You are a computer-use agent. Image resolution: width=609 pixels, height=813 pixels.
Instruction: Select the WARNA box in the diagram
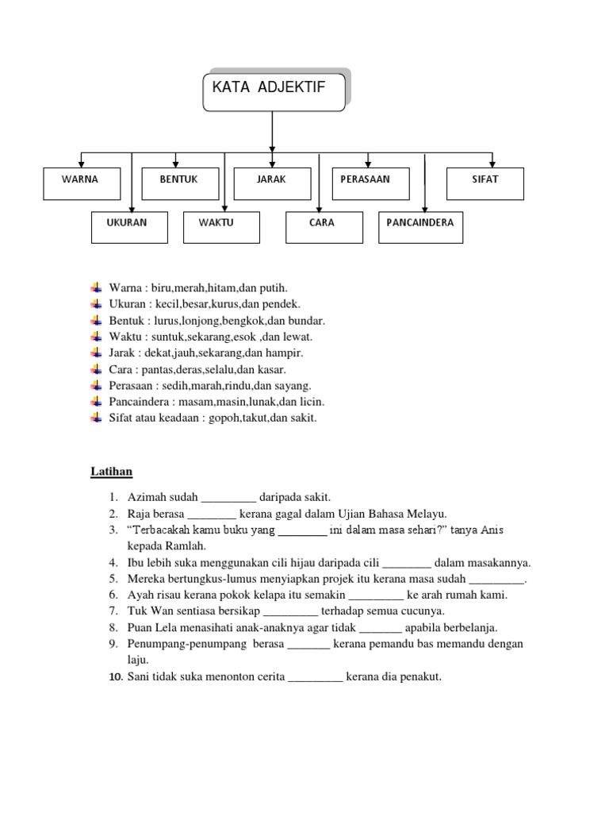80,183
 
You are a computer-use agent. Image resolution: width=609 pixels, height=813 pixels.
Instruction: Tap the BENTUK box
178,183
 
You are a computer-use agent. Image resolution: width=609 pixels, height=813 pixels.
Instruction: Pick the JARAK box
271,183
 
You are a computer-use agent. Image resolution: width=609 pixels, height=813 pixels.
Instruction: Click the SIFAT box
485,183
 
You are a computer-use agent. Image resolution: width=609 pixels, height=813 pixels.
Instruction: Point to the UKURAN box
127,226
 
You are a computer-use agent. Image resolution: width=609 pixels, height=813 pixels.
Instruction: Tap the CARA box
321,226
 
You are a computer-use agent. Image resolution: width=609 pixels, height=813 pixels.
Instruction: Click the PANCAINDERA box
420,226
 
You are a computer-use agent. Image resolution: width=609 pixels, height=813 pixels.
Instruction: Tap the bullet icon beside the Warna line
97,287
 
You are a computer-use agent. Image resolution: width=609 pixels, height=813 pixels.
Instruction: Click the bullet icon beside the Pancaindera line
97,402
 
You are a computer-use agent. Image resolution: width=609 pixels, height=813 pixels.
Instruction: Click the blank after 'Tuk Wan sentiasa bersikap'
289,611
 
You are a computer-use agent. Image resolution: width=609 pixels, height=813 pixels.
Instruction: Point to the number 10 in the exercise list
114,677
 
